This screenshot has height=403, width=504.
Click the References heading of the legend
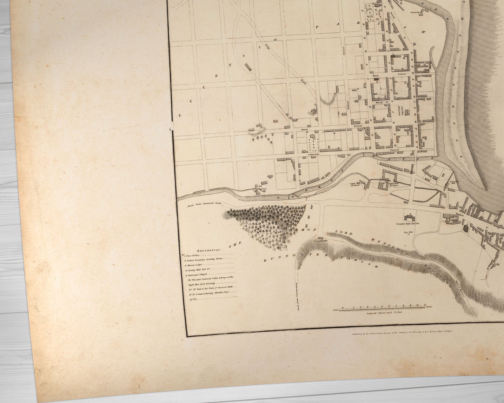[x=208, y=250]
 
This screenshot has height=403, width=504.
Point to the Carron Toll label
[x=321, y=241]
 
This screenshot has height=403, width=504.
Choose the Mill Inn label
[x=390, y=183]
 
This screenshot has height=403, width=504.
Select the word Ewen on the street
[x=304, y=130]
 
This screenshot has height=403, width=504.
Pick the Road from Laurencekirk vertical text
[x=298, y=297]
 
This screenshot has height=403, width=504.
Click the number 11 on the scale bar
[x=424, y=305]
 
